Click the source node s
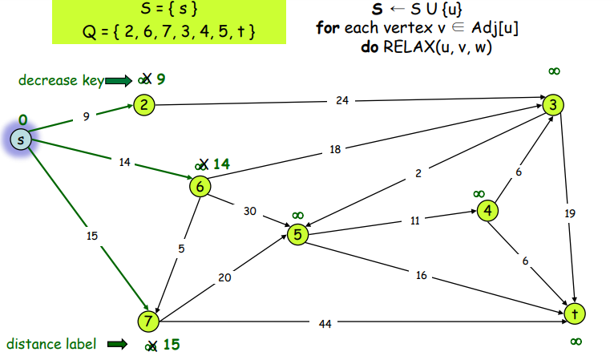[x=20, y=140]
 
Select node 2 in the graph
[x=143, y=105]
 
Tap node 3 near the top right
[x=552, y=105]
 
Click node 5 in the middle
[x=297, y=234]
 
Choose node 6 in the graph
[x=200, y=186]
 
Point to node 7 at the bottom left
[x=147, y=321]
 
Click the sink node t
[x=574, y=313]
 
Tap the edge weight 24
[x=343, y=101]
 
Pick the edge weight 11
[x=415, y=220]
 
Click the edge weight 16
[x=421, y=276]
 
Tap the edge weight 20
[x=225, y=278]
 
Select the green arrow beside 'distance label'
[x=117, y=345]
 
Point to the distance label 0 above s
[x=22, y=119]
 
